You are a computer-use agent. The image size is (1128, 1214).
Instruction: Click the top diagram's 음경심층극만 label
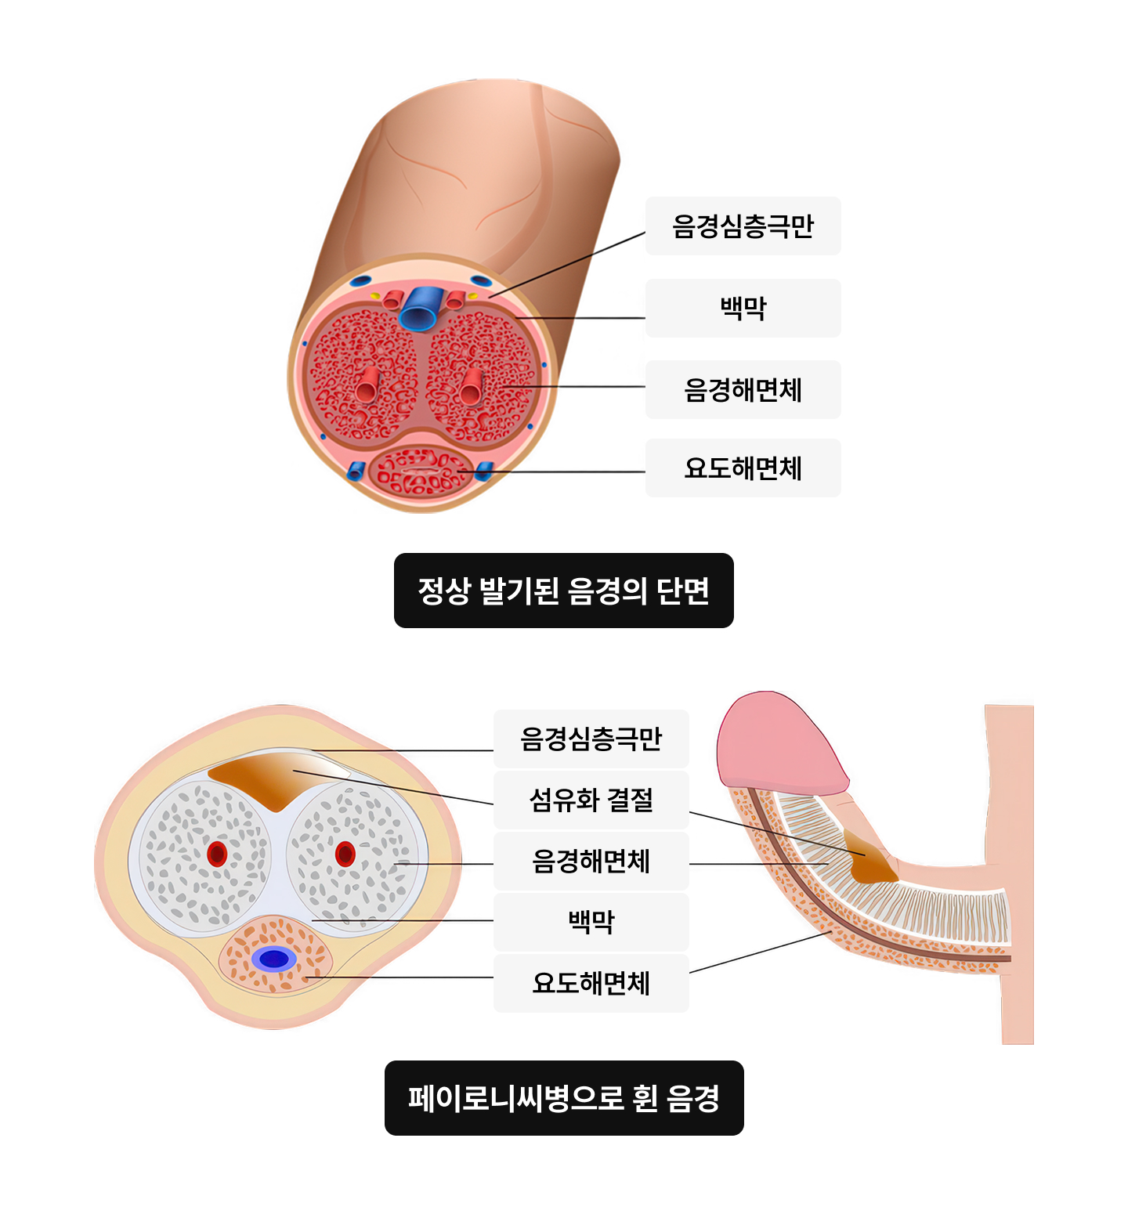743,226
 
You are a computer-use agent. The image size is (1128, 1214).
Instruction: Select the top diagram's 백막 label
743,308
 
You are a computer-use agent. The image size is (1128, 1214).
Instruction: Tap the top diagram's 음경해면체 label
743,389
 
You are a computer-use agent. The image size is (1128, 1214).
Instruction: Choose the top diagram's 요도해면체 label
743,468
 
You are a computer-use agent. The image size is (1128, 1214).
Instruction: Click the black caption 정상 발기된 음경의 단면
563,591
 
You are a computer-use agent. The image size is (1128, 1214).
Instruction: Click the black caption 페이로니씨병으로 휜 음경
563,1098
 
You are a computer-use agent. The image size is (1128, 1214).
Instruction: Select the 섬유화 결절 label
591,800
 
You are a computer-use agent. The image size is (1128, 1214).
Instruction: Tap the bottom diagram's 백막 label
591,922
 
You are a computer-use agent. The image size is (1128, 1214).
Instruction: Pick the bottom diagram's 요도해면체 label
591,983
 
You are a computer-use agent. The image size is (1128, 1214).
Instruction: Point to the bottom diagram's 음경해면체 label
591,861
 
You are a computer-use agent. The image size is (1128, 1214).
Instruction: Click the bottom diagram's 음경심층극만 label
591,739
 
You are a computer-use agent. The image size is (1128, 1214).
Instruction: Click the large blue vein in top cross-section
419,309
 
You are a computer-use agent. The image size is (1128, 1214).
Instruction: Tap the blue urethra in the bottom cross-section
274,959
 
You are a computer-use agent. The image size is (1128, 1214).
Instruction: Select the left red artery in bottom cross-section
217,854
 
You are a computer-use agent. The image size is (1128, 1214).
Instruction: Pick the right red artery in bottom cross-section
345,854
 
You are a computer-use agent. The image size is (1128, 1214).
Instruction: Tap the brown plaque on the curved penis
871,865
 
